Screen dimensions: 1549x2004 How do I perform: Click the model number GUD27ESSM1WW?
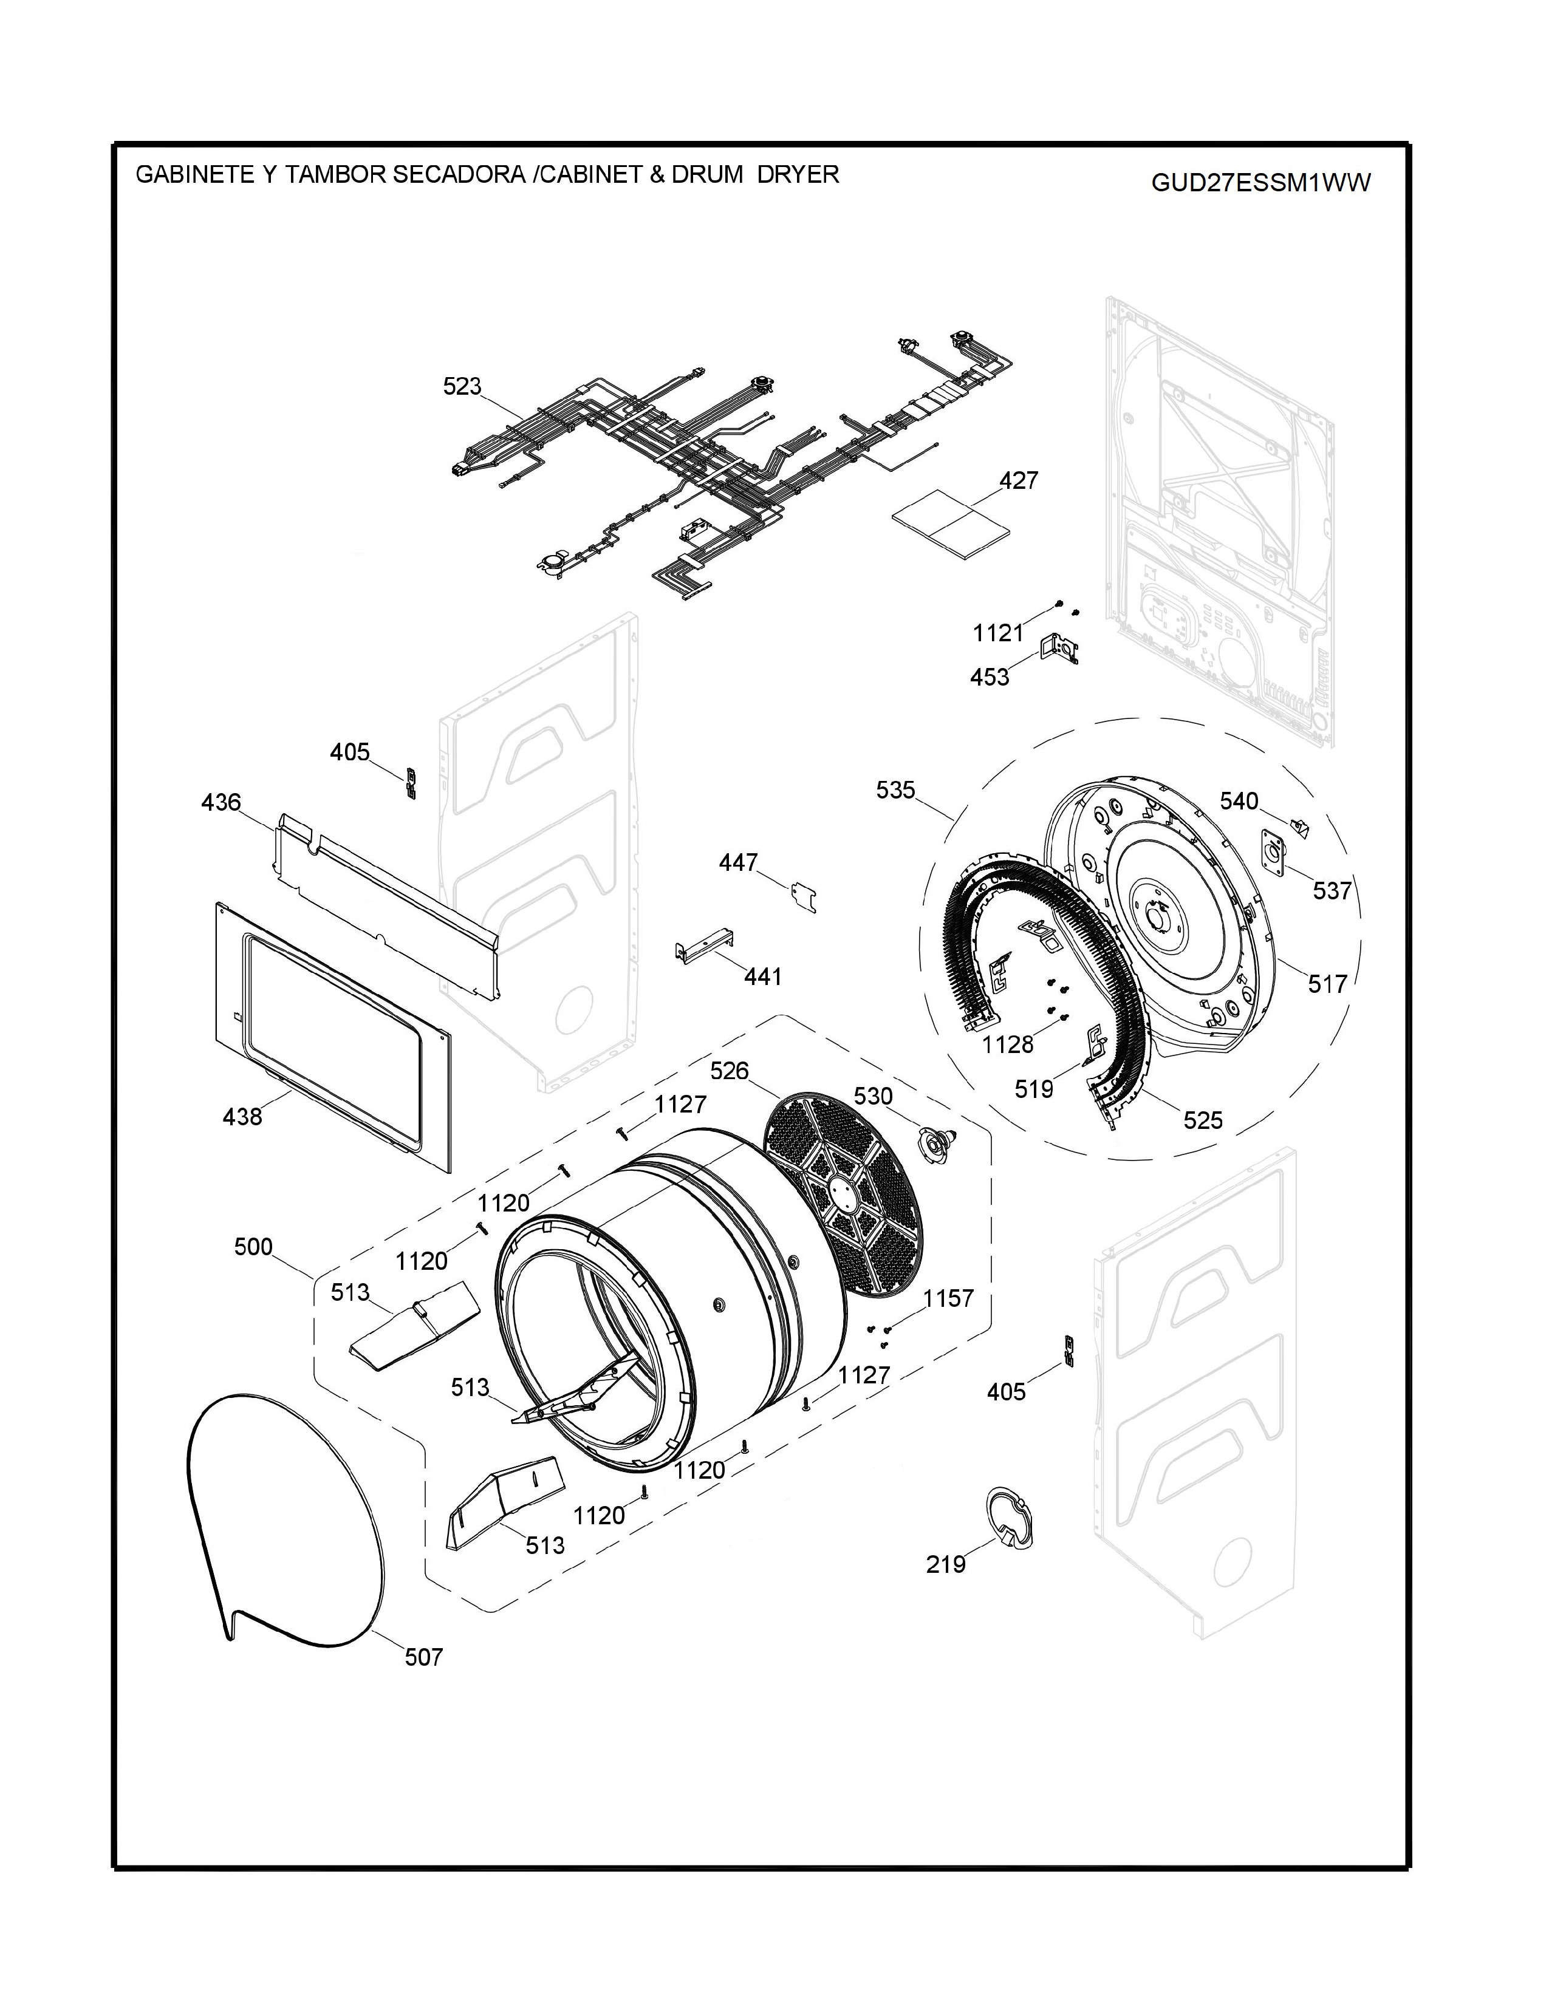point(1261,183)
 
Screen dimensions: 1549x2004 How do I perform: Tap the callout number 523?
point(462,386)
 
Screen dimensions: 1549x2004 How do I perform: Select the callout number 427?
point(1019,480)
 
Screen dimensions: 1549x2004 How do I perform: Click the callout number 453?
point(989,677)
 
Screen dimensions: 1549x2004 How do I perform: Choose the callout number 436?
point(221,802)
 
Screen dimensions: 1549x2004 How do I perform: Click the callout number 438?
point(242,1117)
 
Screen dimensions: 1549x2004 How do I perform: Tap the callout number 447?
point(739,862)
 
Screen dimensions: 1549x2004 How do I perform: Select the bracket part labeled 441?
point(706,945)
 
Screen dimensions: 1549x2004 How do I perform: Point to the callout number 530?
point(873,1097)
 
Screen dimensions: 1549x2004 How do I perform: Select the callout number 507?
point(424,1657)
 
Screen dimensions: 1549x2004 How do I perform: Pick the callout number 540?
point(1239,801)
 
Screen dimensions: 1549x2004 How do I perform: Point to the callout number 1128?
point(1008,1045)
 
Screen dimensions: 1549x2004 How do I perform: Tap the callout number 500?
point(253,1247)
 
